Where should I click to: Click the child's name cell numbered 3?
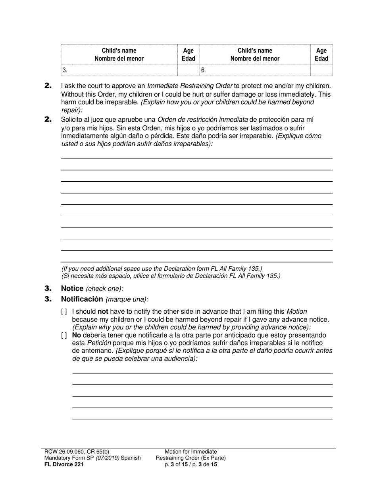pyautogui.click(x=119, y=70)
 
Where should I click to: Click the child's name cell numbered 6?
pyautogui.click(x=255, y=70)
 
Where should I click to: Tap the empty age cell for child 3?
pyautogui.click(x=188, y=70)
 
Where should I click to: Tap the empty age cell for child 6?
pyautogui.click(x=321, y=70)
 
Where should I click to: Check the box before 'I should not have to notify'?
pyautogui.click(x=64, y=312)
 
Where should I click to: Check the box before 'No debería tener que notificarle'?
pyautogui.click(x=64, y=335)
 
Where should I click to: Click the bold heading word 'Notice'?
pyautogui.click(x=72, y=289)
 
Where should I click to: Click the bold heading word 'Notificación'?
pyautogui.click(x=82, y=299)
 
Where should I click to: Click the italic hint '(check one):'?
pyautogui.click(x=104, y=289)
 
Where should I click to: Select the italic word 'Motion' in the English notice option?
pyautogui.click(x=296, y=312)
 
